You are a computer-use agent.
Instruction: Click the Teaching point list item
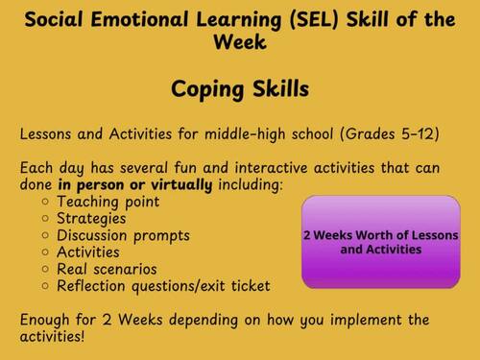coord(108,202)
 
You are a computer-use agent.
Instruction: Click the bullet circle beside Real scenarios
coord(46,270)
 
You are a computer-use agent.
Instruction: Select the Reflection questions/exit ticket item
coord(163,286)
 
